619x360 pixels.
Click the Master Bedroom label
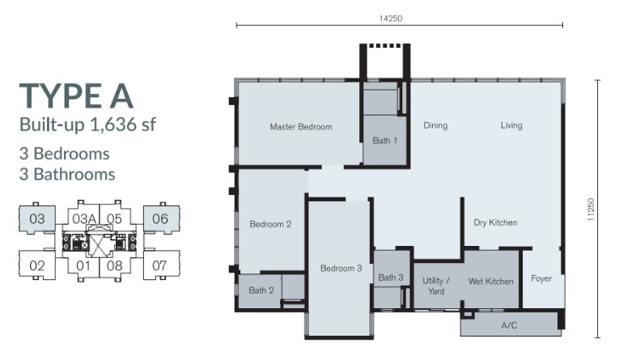301,127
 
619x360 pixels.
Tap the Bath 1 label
385,141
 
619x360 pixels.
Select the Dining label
435,125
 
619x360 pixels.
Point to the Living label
511,125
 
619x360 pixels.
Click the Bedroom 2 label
270,224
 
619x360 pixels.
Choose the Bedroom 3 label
341,269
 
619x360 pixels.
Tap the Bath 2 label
261,290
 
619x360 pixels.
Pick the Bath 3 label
391,277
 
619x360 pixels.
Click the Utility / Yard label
436,286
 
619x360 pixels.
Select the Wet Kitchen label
491,282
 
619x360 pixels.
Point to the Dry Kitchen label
495,222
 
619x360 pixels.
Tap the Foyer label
541,278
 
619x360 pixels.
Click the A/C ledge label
509,326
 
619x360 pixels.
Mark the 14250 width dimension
391,19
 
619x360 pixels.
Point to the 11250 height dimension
591,210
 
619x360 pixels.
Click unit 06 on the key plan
160,218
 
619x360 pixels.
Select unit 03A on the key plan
84,218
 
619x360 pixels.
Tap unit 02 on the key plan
37,265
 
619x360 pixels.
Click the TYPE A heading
76,96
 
